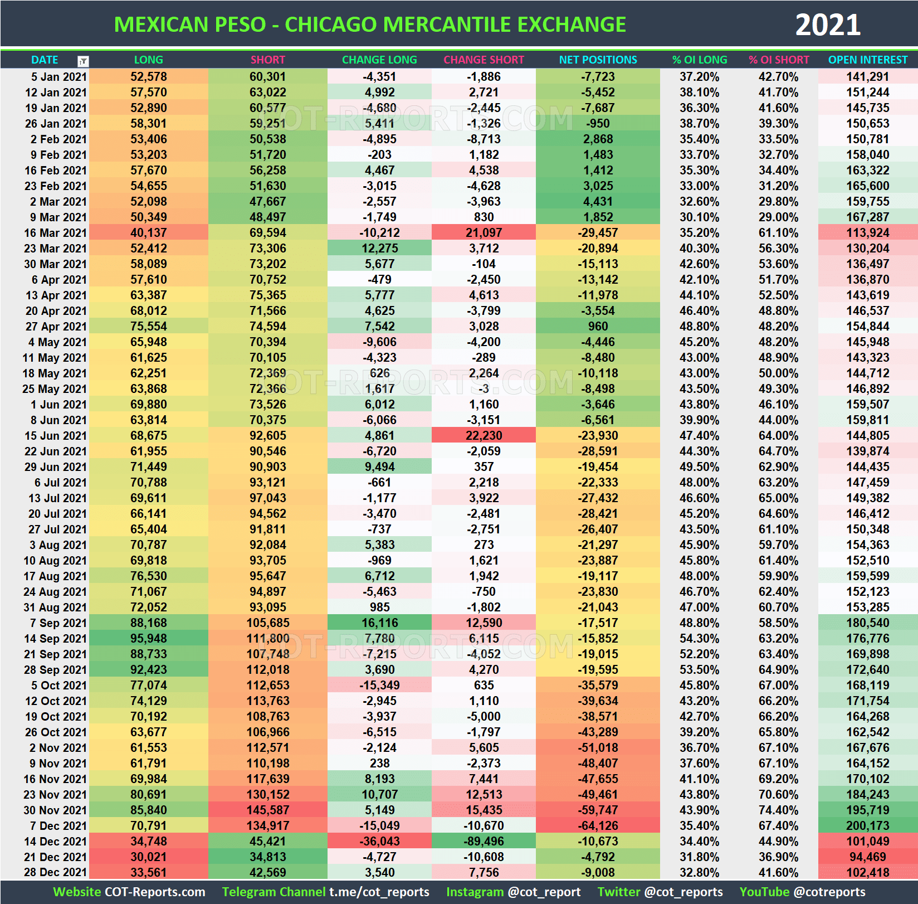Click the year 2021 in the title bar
[x=827, y=25]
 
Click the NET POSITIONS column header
[x=598, y=60]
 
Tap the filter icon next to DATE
[x=83, y=61]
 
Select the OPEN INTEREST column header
[x=867, y=60]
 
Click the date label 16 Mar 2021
[x=55, y=233]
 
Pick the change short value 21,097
[x=484, y=233]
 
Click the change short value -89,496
[x=484, y=842]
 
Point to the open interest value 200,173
[x=867, y=826]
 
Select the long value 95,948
[x=148, y=639]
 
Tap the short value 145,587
[x=267, y=810]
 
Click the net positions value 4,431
[x=598, y=202]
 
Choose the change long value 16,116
[x=379, y=623]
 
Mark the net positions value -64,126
[x=598, y=826]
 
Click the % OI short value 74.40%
[x=778, y=810]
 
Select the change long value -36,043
[x=379, y=842]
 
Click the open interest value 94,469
[x=867, y=857]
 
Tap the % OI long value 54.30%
[x=699, y=639]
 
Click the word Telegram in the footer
[x=246, y=892]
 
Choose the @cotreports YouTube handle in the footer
[x=829, y=892]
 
